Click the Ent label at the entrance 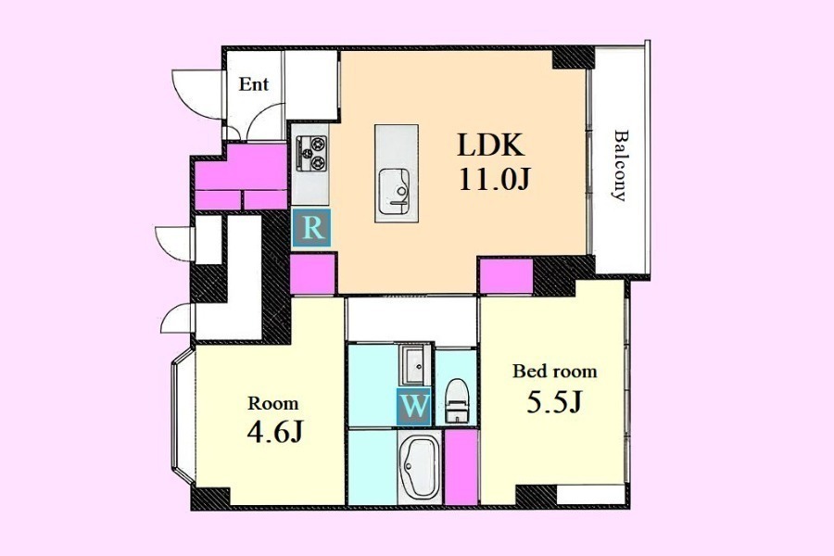[254, 84]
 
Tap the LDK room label [491, 145]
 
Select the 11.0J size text [494, 180]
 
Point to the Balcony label [619, 165]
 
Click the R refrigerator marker [312, 228]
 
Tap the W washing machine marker [414, 407]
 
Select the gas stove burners [311, 153]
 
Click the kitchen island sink [394, 192]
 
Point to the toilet [455, 400]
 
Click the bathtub [419, 467]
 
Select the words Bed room [555, 371]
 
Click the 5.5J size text [555, 402]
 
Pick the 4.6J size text [275, 432]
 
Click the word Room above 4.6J [273, 403]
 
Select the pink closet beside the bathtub [461, 467]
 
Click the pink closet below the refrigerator [313, 273]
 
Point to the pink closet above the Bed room [506, 276]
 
